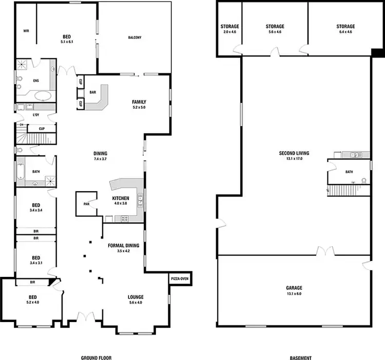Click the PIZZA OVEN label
tap(180, 278)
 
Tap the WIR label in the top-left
tap(26, 31)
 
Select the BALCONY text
tap(135, 37)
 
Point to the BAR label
tap(93, 93)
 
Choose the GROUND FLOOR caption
tap(97, 358)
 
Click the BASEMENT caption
tap(301, 358)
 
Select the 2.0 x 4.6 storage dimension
tap(229, 32)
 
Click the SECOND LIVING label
tap(294, 153)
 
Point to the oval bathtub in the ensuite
tap(42, 95)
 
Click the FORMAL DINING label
tap(124, 246)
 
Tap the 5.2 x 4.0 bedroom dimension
tap(33, 303)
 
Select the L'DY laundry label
tap(36, 115)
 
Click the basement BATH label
tap(349, 172)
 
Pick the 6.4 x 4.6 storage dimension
tap(345, 32)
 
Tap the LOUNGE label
tap(136, 297)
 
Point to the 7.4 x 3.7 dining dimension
tap(100, 159)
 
